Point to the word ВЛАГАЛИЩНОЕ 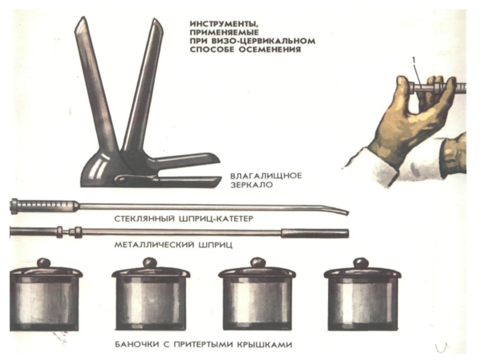[x=266, y=176]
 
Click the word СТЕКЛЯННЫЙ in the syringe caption [x=144, y=219]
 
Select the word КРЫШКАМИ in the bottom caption [x=265, y=344]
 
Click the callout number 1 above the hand [x=414, y=61]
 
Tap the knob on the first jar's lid [x=43, y=263]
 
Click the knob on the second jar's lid [x=150, y=263]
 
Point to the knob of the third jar [x=257, y=263]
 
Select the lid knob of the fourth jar [x=361, y=263]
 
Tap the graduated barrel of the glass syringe [x=46, y=205]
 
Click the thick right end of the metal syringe [x=314, y=233]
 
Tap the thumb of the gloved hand [x=403, y=92]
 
